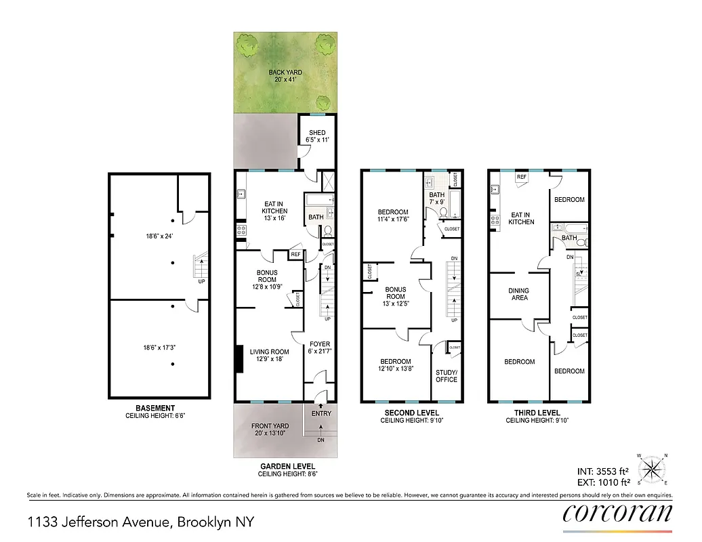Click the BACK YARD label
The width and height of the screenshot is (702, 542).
click(285, 72)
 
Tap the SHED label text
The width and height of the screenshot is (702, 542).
click(317, 133)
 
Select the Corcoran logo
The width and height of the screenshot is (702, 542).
click(617, 512)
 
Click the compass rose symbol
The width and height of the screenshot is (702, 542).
click(653, 468)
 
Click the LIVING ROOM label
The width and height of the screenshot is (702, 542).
click(269, 352)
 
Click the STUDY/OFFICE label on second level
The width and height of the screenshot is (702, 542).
click(447, 376)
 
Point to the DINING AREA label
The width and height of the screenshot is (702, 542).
click(519, 294)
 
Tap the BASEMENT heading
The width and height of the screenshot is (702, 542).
click(156, 408)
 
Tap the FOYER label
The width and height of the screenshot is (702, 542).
click(320, 344)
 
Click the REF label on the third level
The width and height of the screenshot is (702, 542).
click(522, 177)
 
